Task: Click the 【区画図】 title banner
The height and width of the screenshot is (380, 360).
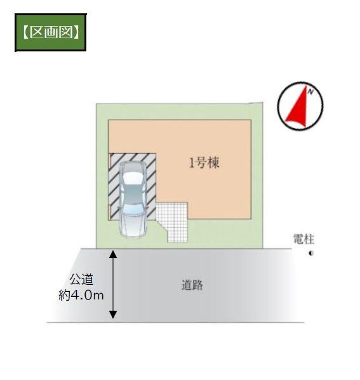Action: [x=51, y=32]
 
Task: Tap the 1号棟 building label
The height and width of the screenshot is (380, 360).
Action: [x=204, y=162]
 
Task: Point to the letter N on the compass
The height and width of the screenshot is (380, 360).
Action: [x=310, y=91]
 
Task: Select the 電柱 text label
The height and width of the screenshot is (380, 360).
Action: [x=303, y=239]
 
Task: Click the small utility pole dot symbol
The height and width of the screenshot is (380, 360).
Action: [x=311, y=253]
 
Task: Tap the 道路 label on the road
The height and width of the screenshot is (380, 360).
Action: [x=192, y=285]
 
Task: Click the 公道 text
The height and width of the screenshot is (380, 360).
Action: [x=81, y=279]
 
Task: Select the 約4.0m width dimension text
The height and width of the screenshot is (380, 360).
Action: [x=81, y=296]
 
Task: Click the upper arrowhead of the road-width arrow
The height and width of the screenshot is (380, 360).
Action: [x=113, y=254]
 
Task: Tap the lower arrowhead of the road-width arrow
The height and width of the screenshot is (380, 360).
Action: [x=113, y=314]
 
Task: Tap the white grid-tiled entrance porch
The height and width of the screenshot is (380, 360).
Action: [x=173, y=222]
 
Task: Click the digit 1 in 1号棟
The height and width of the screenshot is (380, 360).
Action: [x=192, y=163]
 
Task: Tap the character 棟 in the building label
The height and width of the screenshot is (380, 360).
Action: [x=214, y=162]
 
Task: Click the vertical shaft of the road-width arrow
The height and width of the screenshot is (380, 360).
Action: [x=113, y=284]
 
